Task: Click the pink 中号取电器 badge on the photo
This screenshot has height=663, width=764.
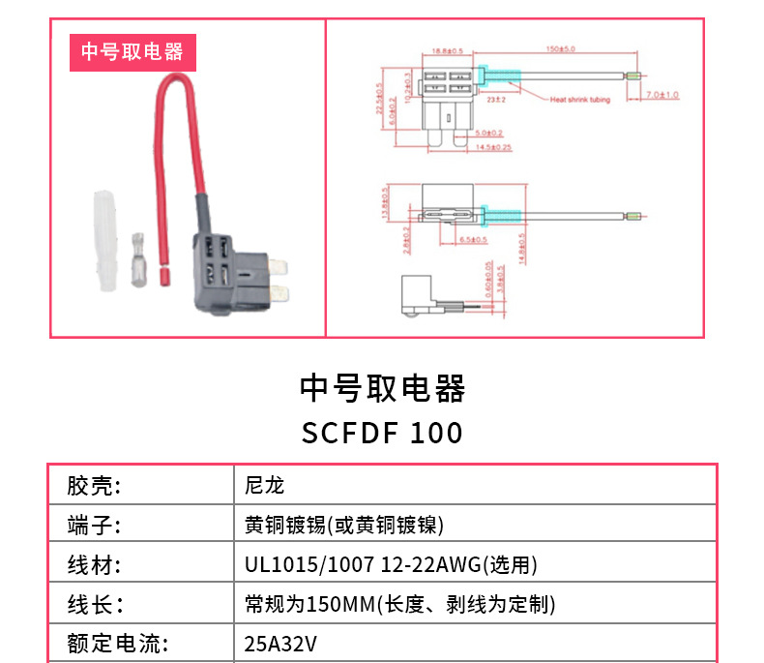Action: pos(132,52)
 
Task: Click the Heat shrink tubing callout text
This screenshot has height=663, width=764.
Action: pos(580,100)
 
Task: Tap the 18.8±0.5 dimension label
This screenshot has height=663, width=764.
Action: pos(448,49)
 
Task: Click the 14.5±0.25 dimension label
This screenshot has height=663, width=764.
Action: pos(493,147)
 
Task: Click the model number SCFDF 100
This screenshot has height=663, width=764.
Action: pos(382,432)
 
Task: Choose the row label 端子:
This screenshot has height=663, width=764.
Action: pos(93,526)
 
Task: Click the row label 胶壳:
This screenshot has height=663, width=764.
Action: pos(93,485)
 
